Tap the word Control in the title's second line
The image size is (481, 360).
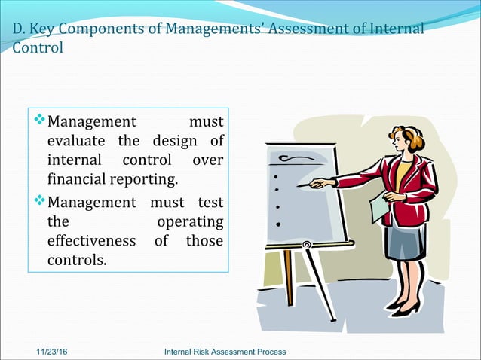point(38,47)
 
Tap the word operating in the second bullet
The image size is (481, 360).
point(189,221)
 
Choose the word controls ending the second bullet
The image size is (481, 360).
point(76,261)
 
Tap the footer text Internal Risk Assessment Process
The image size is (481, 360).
point(225,352)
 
